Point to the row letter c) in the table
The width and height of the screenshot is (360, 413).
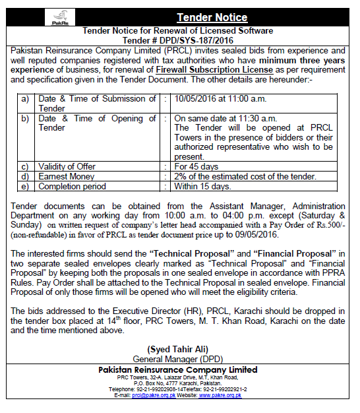point(25,166)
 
